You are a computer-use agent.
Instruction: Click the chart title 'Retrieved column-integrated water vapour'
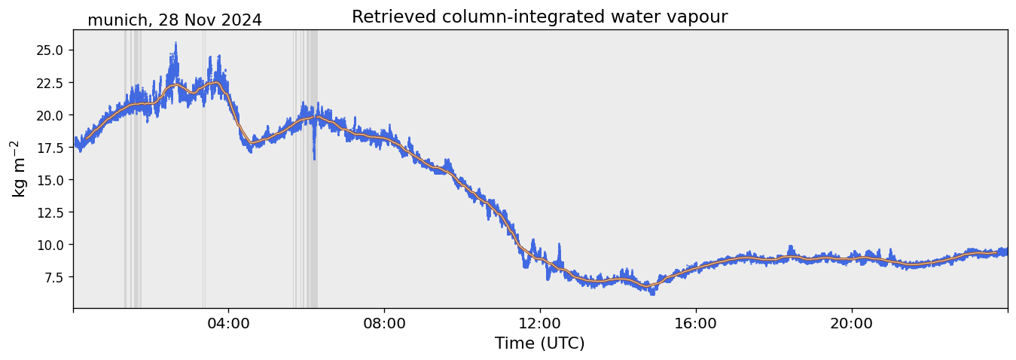point(539,17)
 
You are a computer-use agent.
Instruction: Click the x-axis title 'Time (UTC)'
point(539,343)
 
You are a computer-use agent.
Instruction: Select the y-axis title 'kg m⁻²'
point(18,169)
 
